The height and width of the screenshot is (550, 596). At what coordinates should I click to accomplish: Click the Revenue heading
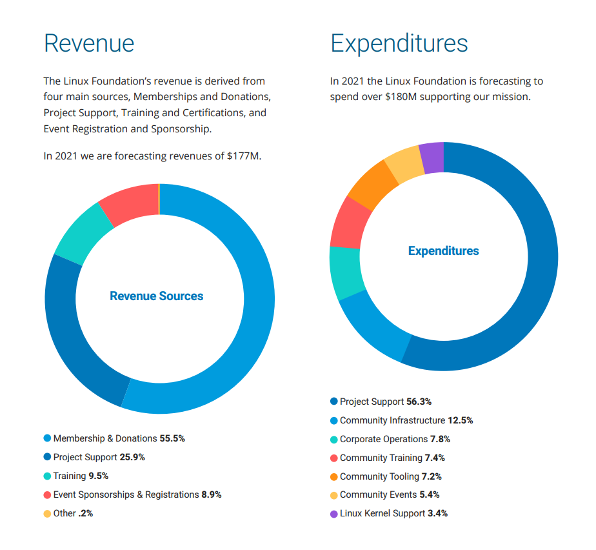[x=89, y=43]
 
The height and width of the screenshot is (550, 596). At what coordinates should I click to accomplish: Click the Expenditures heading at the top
[x=399, y=43]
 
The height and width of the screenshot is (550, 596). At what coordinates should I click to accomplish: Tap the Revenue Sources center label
[x=157, y=296]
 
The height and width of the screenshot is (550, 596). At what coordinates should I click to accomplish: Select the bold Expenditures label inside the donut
[x=444, y=251]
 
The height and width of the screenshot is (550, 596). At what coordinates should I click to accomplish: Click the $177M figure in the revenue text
[x=244, y=156]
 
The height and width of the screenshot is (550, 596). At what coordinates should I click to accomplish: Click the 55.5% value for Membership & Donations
[x=172, y=438]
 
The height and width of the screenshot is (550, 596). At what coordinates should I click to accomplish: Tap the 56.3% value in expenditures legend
[x=419, y=402]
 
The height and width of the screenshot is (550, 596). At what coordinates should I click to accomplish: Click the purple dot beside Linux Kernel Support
[x=333, y=514]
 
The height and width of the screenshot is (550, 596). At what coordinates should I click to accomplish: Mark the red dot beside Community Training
[x=333, y=458]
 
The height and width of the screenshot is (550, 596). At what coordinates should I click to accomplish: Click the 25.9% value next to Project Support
[x=132, y=457]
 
